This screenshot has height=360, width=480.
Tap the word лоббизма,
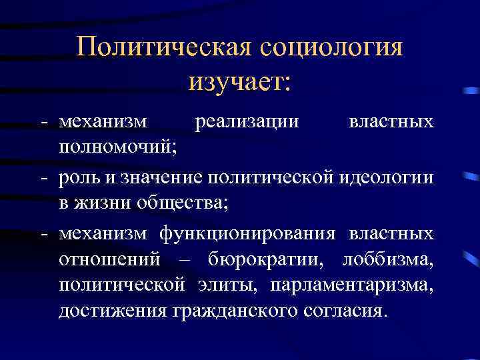click(387, 259)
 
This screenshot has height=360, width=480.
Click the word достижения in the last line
click(113, 311)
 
